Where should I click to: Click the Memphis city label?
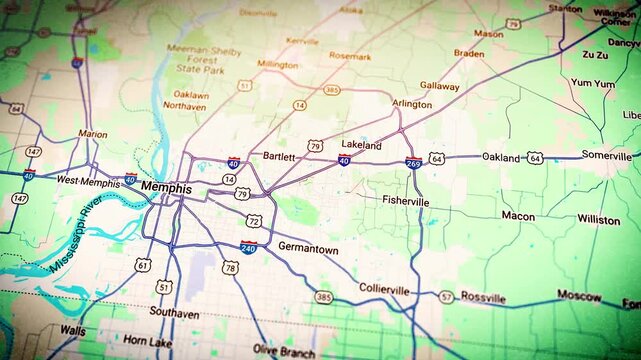pyautogui.click(x=166, y=187)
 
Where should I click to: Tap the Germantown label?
pyautogui.click(x=308, y=248)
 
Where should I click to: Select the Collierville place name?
pyautogui.click(x=384, y=290)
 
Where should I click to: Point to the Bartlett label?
pyautogui.click(x=279, y=157)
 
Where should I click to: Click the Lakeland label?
pyautogui.click(x=361, y=145)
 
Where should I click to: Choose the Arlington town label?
pyautogui.click(x=412, y=104)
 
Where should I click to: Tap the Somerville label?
pyautogui.click(x=607, y=156)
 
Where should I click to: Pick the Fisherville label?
pyautogui.click(x=405, y=201)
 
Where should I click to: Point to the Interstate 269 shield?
pyautogui.click(x=413, y=162)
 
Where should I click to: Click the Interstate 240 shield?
pyautogui.click(x=248, y=246)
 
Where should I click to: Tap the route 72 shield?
pyautogui.click(x=255, y=220)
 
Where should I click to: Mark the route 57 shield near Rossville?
pyautogui.click(x=446, y=297)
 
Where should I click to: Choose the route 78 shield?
pyautogui.click(x=231, y=267)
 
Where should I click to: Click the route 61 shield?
pyautogui.click(x=144, y=265)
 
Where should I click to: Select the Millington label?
pyautogui.click(x=278, y=65)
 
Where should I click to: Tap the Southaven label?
pyautogui.click(x=174, y=313)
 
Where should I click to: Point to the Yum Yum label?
pyautogui.click(x=592, y=84)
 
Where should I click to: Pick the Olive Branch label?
pyautogui.click(x=284, y=350)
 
